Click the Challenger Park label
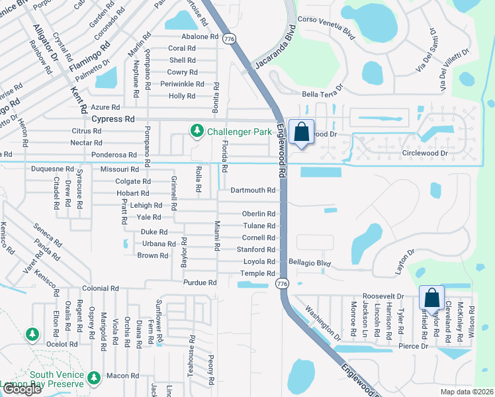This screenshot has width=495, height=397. [239, 132]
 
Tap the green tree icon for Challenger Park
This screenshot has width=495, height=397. [197, 132]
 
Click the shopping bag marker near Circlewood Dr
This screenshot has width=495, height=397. [301, 132]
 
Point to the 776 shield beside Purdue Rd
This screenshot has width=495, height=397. [282, 283]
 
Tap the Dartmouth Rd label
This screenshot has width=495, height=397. [253, 191]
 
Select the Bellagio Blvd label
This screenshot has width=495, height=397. [309, 263]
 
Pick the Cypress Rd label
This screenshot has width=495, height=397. [113, 119]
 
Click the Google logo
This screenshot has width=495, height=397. [21, 389]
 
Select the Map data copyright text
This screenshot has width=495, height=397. [467, 392]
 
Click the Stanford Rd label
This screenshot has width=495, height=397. [256, 249]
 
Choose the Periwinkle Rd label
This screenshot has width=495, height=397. [182, 84]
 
